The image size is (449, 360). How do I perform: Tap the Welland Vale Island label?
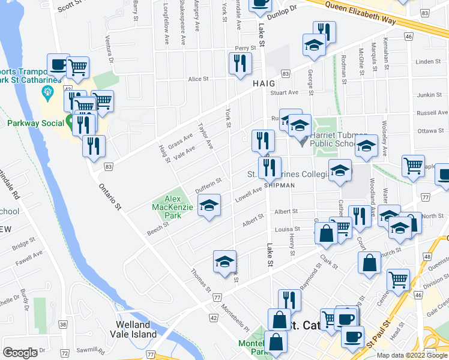click(x=136, y=329)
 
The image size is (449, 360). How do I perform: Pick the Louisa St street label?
click(x=288, y=229)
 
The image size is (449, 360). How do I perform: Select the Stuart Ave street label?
click(x=284, y=92)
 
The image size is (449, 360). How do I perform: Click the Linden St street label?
click(x=428, y=61)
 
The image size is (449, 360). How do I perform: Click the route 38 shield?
click(x=63, y=325)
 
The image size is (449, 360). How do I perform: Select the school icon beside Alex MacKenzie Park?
click(x=209, y=206)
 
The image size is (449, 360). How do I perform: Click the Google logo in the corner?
click(x=20, y=353)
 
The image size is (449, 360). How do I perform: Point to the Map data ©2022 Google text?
click(x=412, y=355)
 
